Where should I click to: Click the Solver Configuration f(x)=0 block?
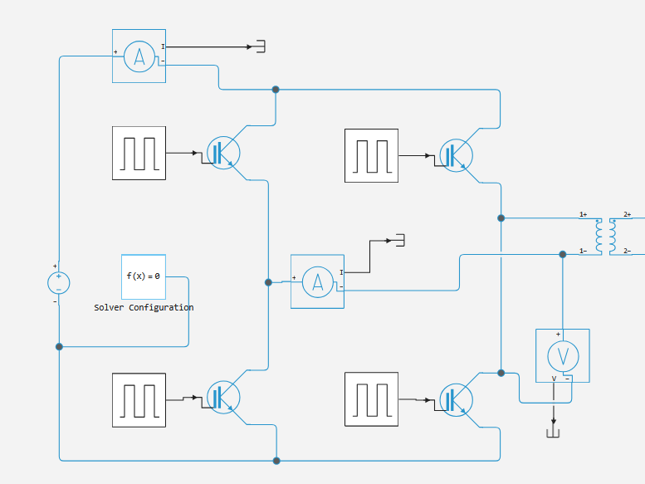[x=144, y=276]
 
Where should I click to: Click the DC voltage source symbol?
[x=59, y=283]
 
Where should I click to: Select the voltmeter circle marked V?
[x=563, y=356]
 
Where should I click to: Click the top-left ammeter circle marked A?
[x=139, y=56]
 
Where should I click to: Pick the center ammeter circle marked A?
[x=318, y=282]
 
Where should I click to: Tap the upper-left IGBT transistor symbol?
[x=223, y=153]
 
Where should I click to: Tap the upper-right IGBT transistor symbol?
[x=457, y=155]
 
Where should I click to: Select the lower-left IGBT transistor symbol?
[x=223, y=397]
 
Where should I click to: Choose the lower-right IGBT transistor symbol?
[x=457, y=399]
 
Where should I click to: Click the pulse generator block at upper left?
[x=139, y=153]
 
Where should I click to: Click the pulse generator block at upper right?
[x=371, y=155]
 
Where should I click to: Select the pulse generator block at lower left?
[x=139, y=400]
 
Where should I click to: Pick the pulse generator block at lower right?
[x=371, y=399]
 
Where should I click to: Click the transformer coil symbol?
[x=606, y=237]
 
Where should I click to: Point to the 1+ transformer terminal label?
[x=584, y=214]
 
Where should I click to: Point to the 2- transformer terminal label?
[x=628, y=251]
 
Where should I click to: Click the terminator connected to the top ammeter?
[x=261, y=46]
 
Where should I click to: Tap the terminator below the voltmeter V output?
[x=553, y=433]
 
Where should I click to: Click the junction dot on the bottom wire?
[x=276, y=461]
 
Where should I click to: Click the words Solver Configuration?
[x=144, y=308]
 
